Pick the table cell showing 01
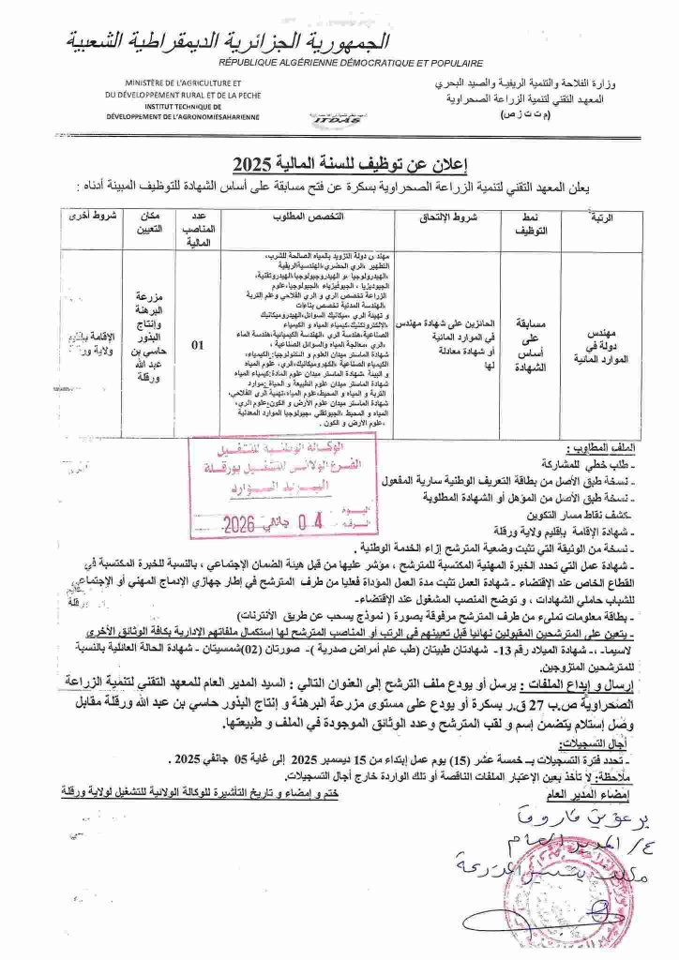tap(198, 345)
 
